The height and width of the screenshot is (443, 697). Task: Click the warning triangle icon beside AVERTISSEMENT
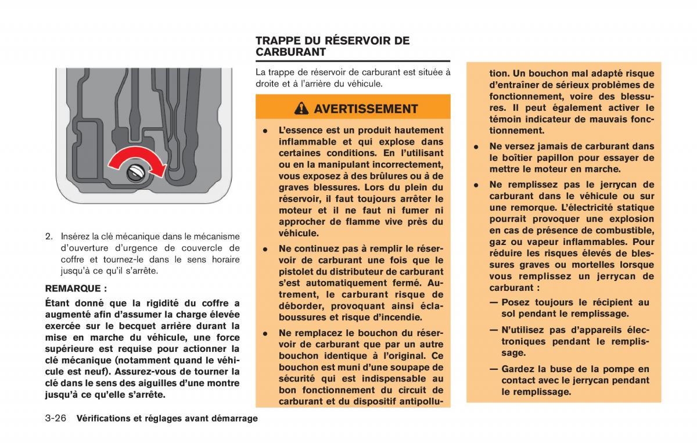pos(301,109)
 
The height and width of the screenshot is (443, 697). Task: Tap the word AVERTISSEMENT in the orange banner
pos(365,109)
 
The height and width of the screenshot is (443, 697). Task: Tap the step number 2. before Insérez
pos(49,236)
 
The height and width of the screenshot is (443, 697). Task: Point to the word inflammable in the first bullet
pos(306,142)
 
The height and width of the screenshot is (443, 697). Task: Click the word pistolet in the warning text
pos(296,272)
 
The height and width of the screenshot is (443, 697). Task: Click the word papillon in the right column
pos(545,158)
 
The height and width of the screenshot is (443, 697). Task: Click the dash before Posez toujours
pos(494,302)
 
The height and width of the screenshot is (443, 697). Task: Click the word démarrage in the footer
pos(232,418)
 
